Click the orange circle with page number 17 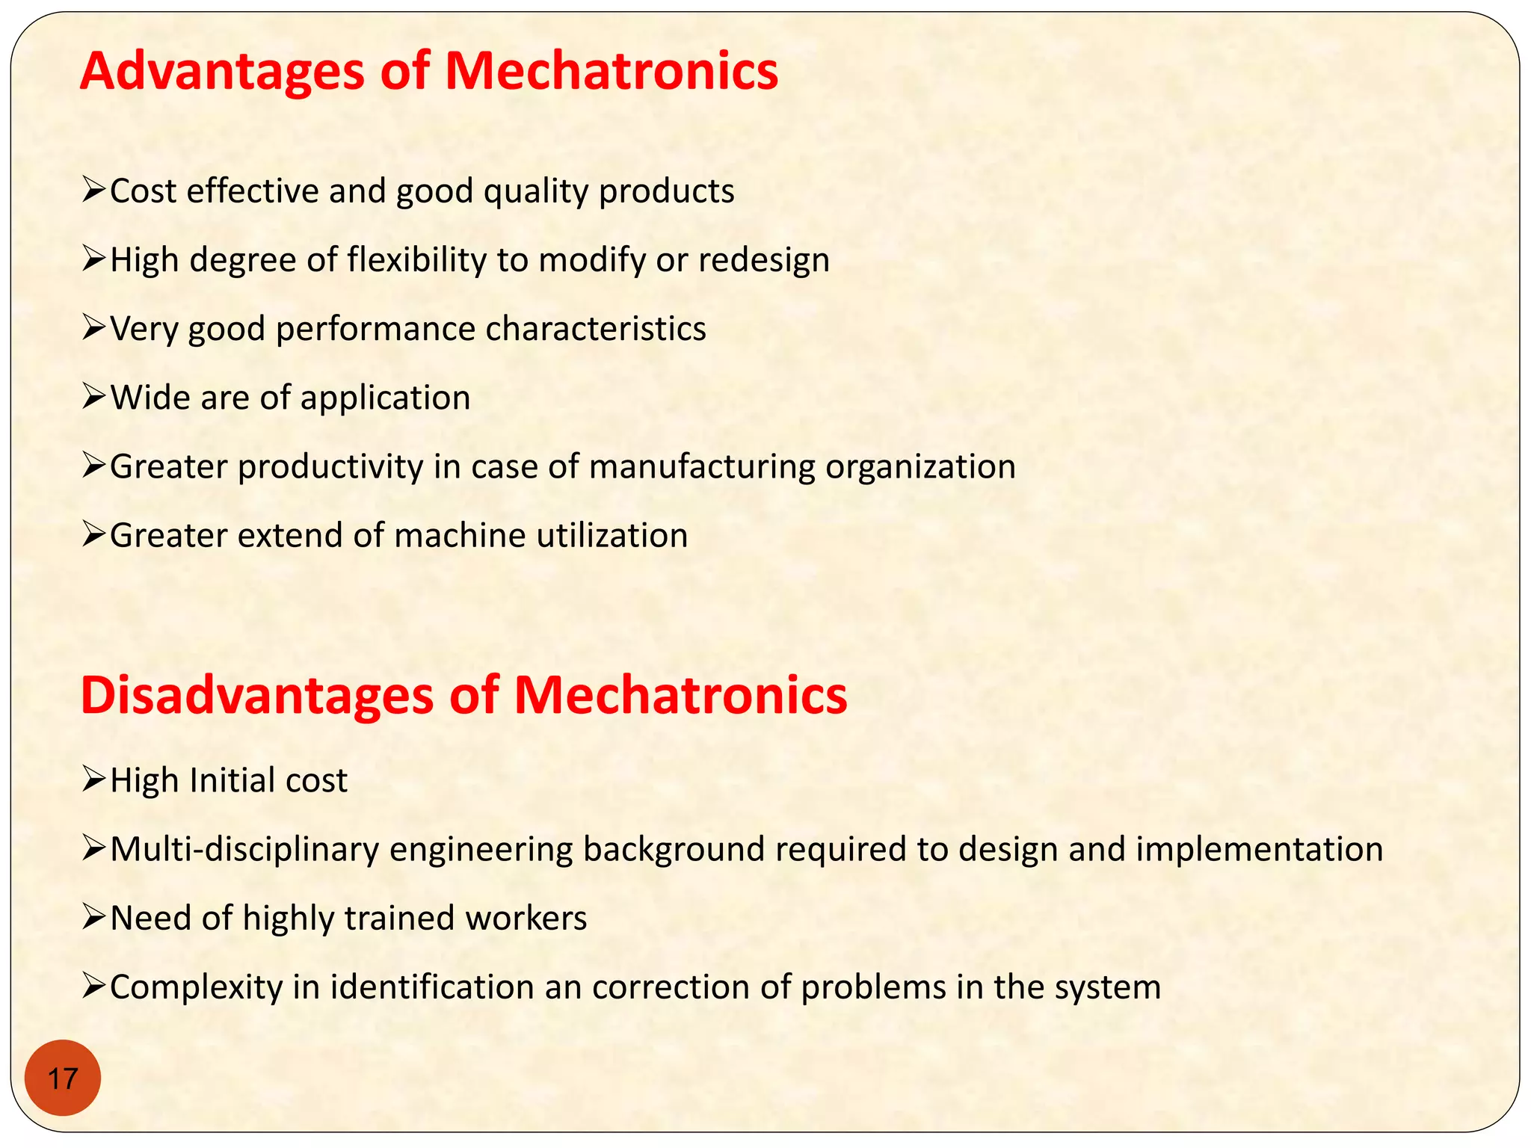click(62, 1078)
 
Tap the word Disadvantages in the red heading click(256, 696)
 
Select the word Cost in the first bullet click(143, 191)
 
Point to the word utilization click(612, 536)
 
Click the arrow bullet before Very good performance click(95, 328)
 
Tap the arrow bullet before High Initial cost click(95, 780)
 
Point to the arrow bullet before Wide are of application click(95, 397)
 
